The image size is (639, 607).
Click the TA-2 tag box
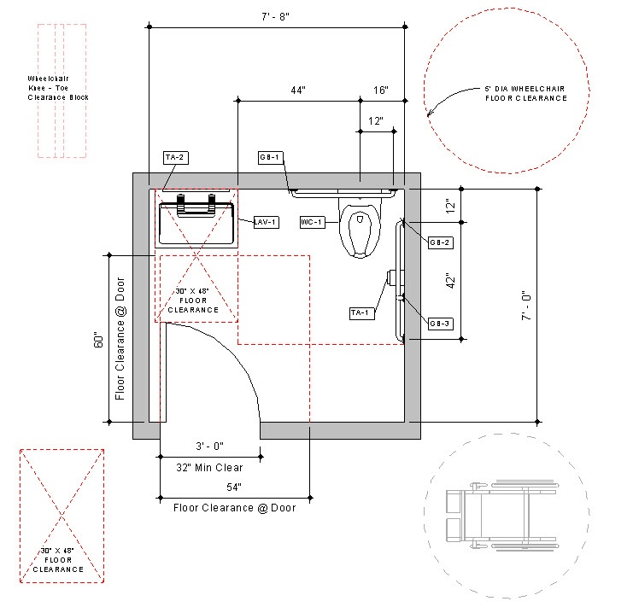(x=174, y=157)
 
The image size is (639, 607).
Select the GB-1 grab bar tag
(x=270, y=157)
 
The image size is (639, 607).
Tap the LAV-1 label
(x=267, y=222)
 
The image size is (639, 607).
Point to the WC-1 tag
(x=312, y=222)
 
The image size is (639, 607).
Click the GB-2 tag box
(x=440, y=242)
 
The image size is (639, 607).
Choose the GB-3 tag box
(x=440, y=323)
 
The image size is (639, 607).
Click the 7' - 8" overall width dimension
(x=276, y=15)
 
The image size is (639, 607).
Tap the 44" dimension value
(x=298, y=90)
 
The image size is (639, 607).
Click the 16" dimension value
(x=380, y=90)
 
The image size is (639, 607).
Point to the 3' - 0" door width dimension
(x=209, y=446)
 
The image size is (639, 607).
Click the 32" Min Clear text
(x=210, y=467)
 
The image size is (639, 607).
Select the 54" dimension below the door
(x=234, y=487)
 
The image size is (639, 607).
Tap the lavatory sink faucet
(x=196, y=203)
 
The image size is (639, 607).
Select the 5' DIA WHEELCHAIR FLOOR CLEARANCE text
(x=525, y=94)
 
